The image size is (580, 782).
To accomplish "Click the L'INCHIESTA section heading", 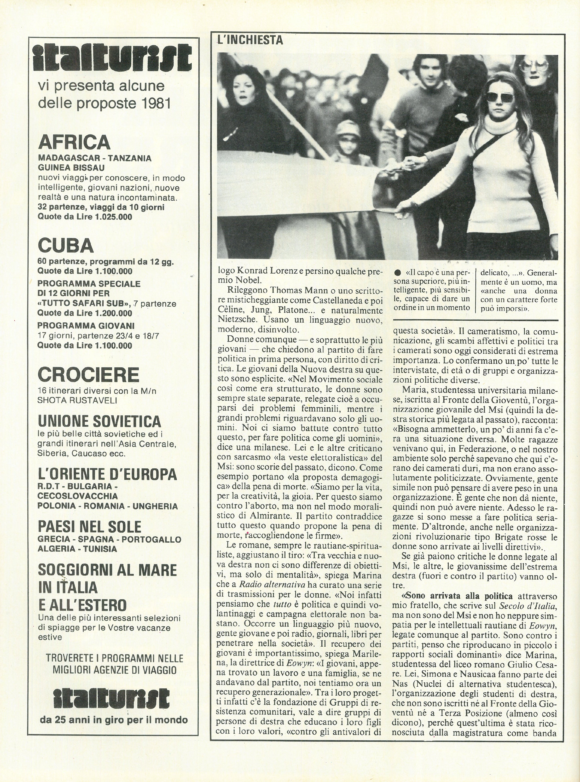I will [250, 40].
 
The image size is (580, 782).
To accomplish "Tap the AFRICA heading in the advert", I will [74, 143].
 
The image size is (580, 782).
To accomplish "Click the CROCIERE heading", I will [88, 375].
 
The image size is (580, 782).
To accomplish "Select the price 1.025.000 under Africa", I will [113, 217].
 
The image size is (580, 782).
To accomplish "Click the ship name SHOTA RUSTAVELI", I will [77, 401].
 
